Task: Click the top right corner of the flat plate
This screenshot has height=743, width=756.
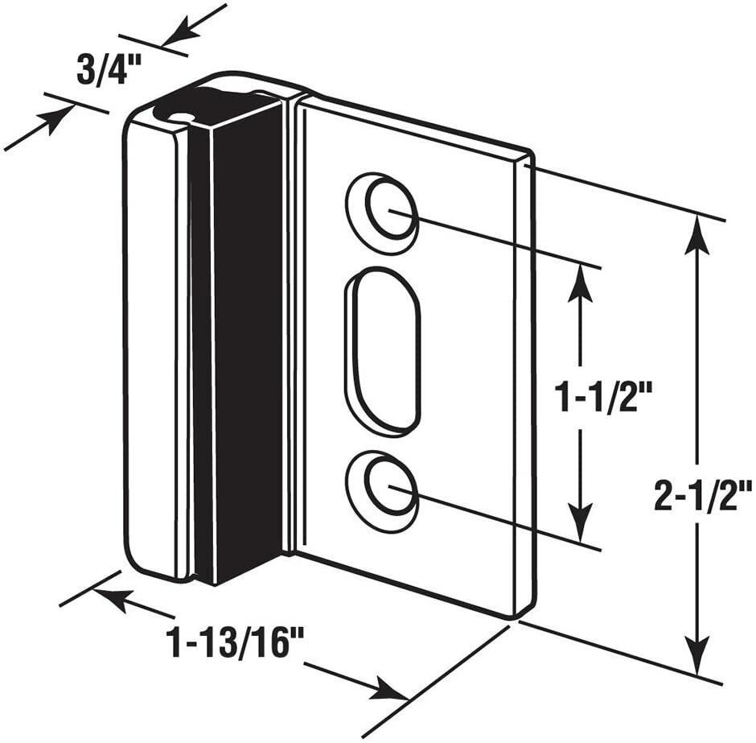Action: (531, 152)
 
